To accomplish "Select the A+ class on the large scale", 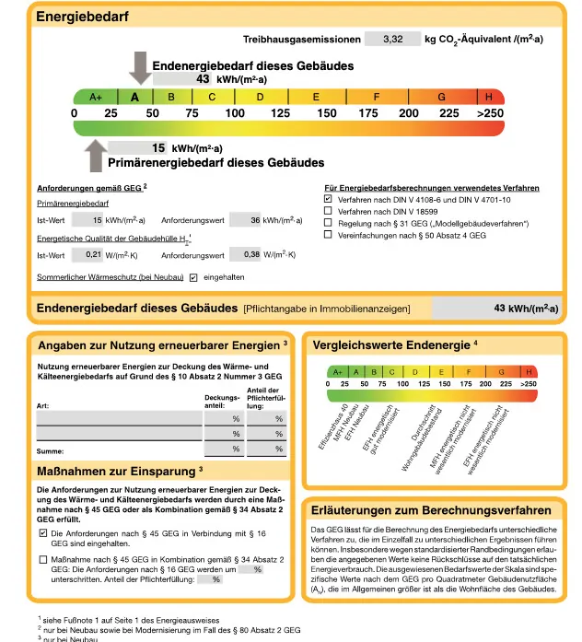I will [96, 97].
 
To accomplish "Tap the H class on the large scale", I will [489, 97].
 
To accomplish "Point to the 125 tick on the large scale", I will [280, 113].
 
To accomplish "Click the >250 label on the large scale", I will [489, 113].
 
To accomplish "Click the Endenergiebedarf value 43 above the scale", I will [204, 79].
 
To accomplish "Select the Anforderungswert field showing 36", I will [243, 220].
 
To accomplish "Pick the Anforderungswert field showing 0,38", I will [243, 254].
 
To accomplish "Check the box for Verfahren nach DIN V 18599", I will [328, 211].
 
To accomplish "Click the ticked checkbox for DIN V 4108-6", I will [328, 198].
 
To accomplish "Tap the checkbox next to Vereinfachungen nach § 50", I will [328, 235].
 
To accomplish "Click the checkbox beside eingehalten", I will [193, 277].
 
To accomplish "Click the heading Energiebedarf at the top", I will [82, 16].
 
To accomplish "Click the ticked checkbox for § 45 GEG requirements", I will [42, 533].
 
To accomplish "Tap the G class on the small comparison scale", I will [502, 372].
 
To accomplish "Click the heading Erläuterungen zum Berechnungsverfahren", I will [432, 510].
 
